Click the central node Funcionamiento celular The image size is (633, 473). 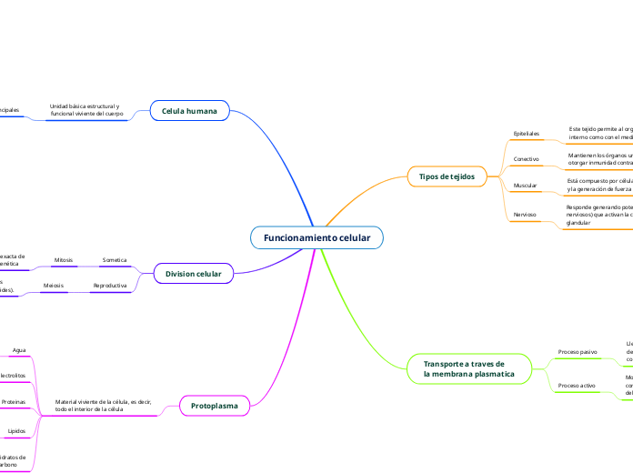(316, 237)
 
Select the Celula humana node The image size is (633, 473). (189, 111)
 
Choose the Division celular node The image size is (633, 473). (193, 273)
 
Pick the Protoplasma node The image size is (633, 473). (214, 405)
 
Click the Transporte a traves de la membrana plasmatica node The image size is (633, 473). (468, 368)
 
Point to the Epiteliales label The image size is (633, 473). (527, 133)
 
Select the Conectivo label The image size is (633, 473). (527, 159)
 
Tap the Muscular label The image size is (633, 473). (525, 186)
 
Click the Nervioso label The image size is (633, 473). (525, 215)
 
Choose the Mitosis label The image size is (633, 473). (64, 260)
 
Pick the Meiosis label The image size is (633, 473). (54, 286)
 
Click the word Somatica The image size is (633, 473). (115, 260)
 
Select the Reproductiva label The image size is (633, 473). (110, 286)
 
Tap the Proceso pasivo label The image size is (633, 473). (578, 351)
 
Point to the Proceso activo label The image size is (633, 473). (577, 386)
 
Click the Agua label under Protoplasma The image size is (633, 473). (19, 349)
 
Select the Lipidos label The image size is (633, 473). (16, 430)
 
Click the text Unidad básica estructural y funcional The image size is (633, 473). (86, 110)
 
